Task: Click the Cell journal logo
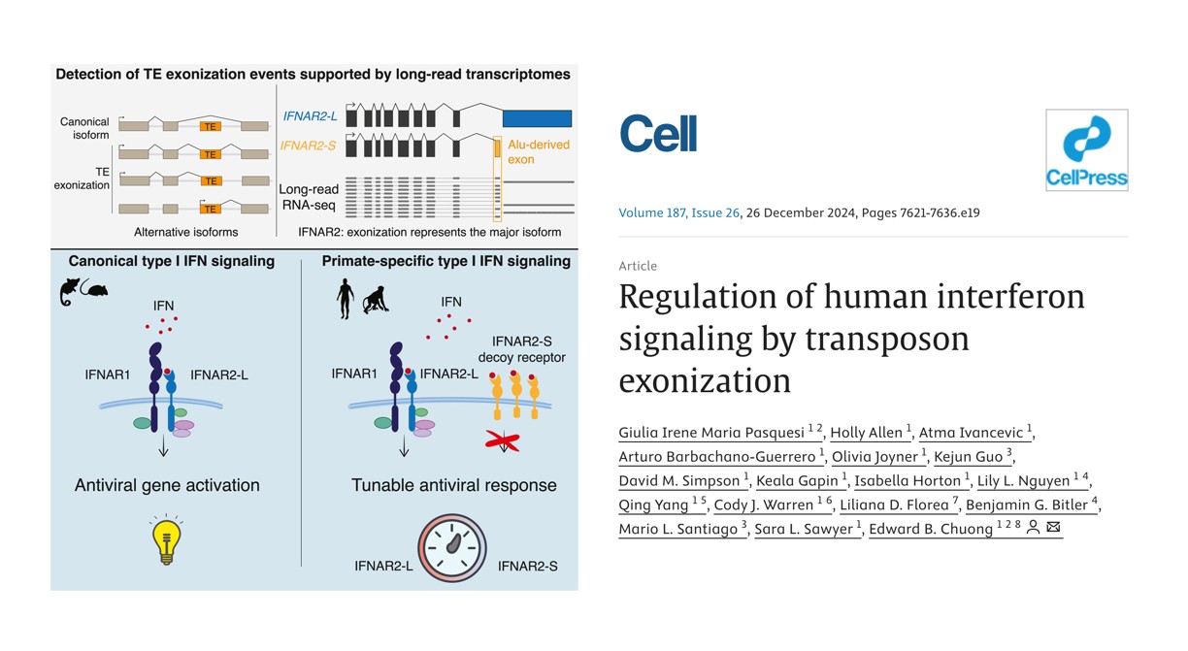pyautogui.click(x=658, y=133)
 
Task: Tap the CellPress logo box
pyautogui.click(x=1087, y=150)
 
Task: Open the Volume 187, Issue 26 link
pyautogui.click(x=678, y=213)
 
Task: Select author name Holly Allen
pyautogui.click(x=866, y=433)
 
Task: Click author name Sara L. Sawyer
pyautogui.click(x=804, y=529)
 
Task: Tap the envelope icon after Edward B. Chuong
pyautogui.click(x=1053, y=527)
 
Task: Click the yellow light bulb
pyautogui.click(x=167, y=539)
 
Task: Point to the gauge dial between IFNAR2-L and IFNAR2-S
pyautogui.click(x=452, y=547)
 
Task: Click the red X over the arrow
pyautogui.click(x=502, y=441)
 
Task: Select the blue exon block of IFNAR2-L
pyautogui.click(x=537, y=118)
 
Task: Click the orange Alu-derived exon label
pyautogui.click(x=539, y=152)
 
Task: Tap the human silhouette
pyautogui.click(x=346, y=299)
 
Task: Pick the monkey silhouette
pyautogui.click(x=376, y=300)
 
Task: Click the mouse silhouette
pyautogui.click(x=97, y=289)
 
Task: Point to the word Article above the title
pyautogui.click(x=638, y=266)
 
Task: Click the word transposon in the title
pyautogui.click(x=887, y=339)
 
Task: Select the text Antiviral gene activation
pyautogui.click(x=167, y=485)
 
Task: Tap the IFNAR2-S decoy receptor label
pyautogui.click(x=522, y=349)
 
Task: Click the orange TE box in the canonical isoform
pyautogui.click(x=210, y=126)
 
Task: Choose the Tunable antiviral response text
pyautogui.click(x=454, y=485)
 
